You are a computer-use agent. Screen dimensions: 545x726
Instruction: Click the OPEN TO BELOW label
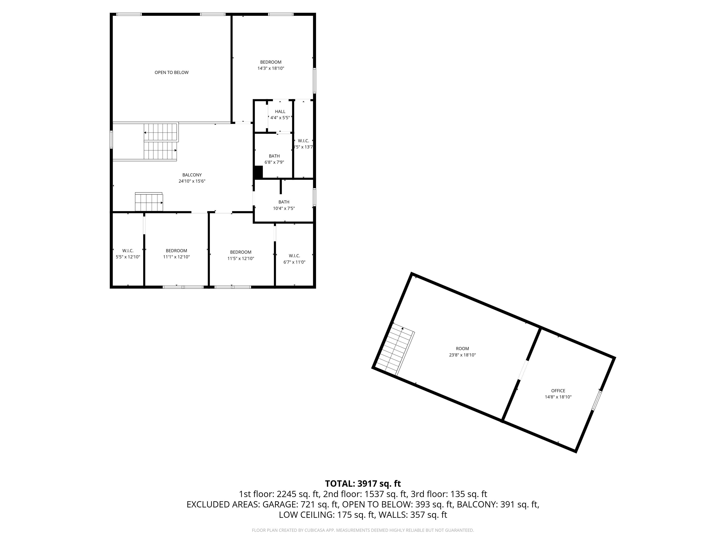[x=171, y=73]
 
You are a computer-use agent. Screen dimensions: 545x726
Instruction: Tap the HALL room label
[x=280, y=112]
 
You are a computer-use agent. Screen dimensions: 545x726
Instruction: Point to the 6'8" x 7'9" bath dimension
[x=274, y=162]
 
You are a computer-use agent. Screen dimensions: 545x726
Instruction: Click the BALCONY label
[x=192, y=175]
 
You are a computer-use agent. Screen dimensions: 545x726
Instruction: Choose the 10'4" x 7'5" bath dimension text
[x=284, y=208]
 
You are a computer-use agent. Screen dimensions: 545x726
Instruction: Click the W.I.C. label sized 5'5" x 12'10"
[x=128, y=251]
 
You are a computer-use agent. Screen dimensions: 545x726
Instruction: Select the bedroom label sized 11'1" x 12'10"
[x=176, y=251]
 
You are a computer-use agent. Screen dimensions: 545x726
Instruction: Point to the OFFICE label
[x=558, y=391]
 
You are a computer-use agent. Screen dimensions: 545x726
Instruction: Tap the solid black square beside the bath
[x=258, y=172]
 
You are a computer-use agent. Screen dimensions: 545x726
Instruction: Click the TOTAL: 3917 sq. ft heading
[x=363, y=483]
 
